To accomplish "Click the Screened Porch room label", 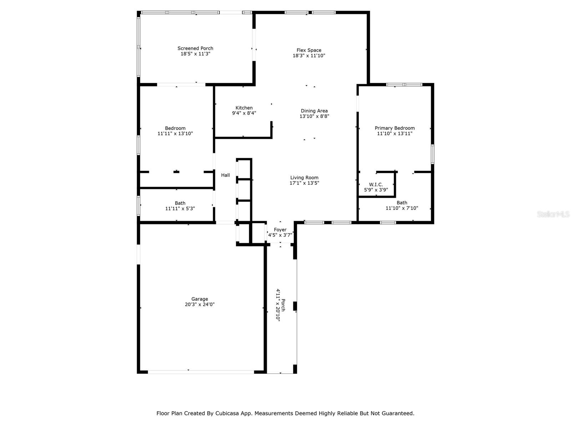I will (x=195, y=49).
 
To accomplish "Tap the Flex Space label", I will (x=309, y=50).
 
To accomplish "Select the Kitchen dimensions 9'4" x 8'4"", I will (x=244, y=113).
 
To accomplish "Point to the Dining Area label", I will (x=314, y=111).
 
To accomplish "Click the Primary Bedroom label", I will (x=395, y=128).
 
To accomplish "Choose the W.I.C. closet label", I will (x=376, y=185).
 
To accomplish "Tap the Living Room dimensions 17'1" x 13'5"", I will (x=304, y=183).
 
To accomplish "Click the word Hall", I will (x=226, y=175).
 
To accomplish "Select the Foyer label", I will (x=280, y=230).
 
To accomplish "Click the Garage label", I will (x=199, y=299).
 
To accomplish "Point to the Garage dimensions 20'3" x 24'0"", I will (x=199, y=305).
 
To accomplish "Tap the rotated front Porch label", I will (x=283, y=305).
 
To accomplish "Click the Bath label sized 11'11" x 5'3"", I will (x=180, y=203).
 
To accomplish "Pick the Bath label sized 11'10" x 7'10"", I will (x=402, y=203).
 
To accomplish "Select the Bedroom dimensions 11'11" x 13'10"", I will (x=175, y=134).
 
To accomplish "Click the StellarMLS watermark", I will (x=553, y=214).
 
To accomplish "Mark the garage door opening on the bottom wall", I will (x=201, y=372).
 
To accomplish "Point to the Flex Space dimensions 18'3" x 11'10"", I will (x=309, y=56).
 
